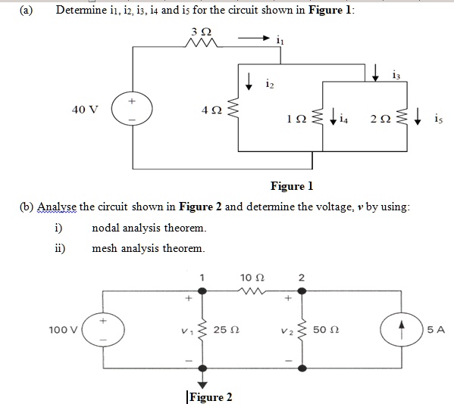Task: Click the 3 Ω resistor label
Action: pyautogui.click(x=202, y=32)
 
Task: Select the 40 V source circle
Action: pyautogui.click(x=132, y=110)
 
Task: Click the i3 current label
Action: pyautogui.click(x=396, y=75)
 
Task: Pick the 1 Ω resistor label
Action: pyautogui.click(x=296, y=119)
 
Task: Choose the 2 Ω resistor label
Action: pyautogui.click(x=380, y=119)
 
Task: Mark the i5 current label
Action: pyautogui.click(x=438, y=119)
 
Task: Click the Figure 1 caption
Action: pyautogui.click(x=292, y=186)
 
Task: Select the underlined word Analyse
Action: pyautogui.click(x=57, y=207)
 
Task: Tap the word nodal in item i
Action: pyautogui.click(x=105, y=228)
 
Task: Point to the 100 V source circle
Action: pyautogui.click(x=103, y=330)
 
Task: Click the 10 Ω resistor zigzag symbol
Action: pyautogui.click(x=252, y=291)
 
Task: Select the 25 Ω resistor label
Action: pyautogui.click(x=227, y=330)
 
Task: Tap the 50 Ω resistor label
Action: pyautogui.click(x=326, y=330)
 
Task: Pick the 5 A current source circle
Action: pyautogui.click(x=402, y=330)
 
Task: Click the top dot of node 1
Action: pyautogui.click(x=202, y=291)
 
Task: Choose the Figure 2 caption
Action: pyautogui.click(x=211, y=397)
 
